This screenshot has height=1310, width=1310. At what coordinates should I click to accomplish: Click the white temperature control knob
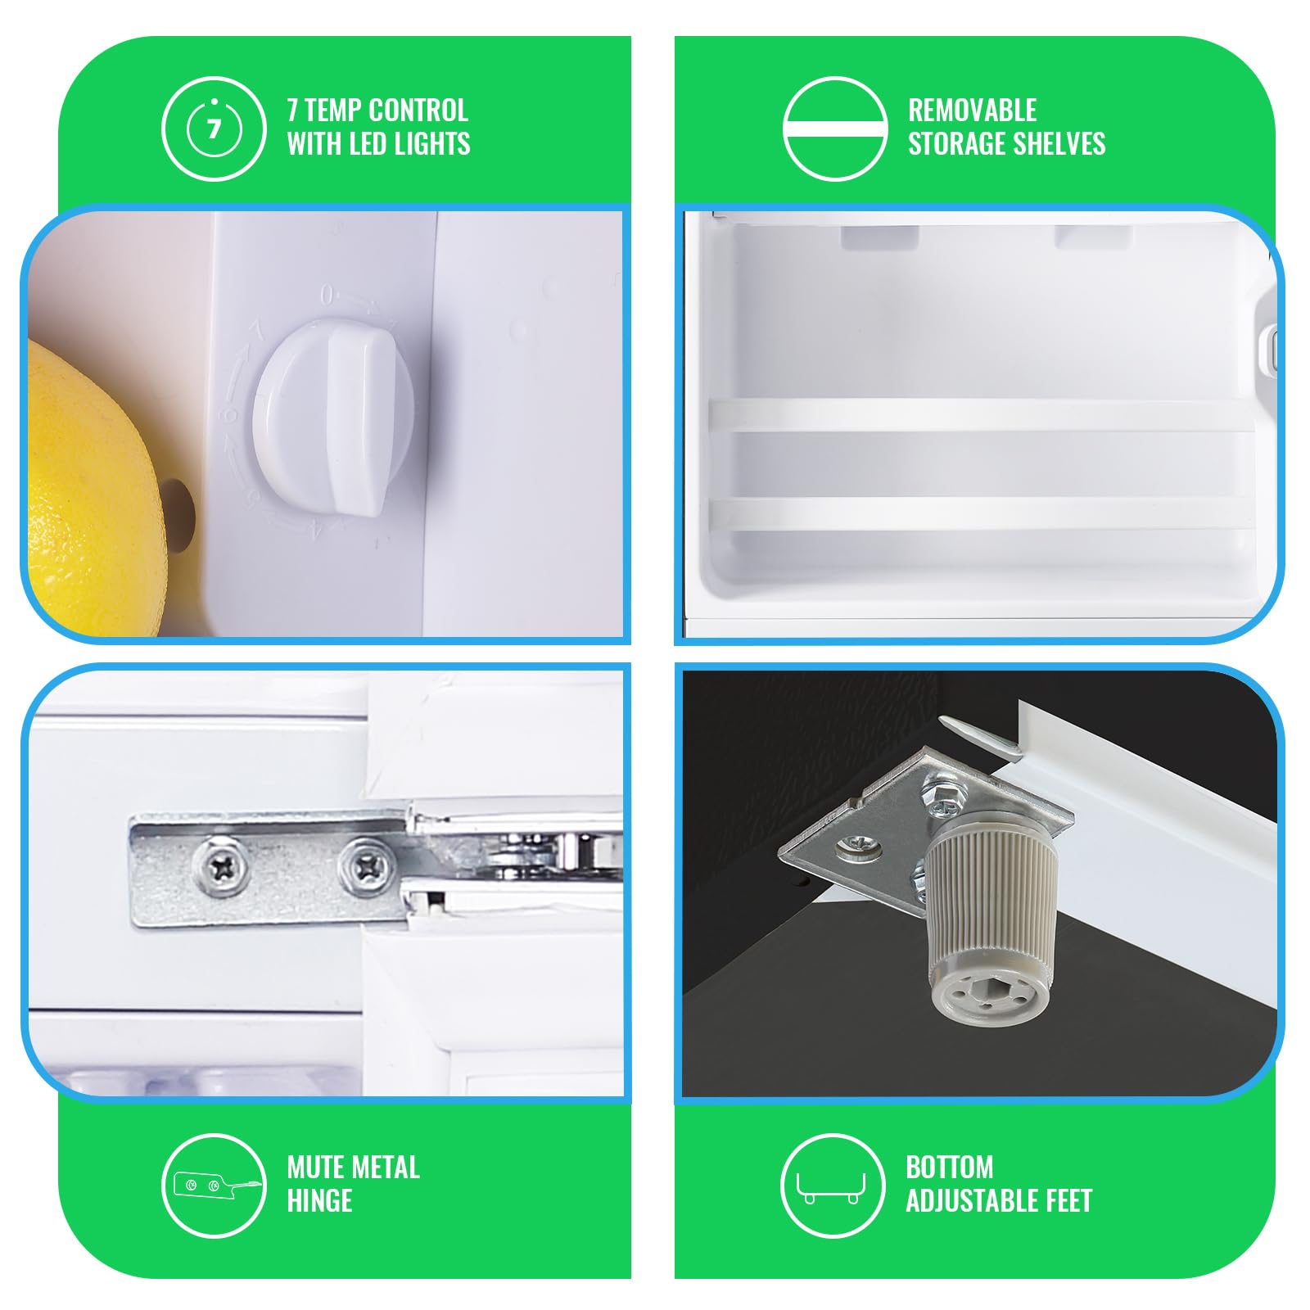(x=334, y=418)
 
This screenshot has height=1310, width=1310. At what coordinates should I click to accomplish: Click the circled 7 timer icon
(x=214, y=129)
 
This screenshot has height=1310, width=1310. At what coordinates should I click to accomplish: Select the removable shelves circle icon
(x=835, y=129)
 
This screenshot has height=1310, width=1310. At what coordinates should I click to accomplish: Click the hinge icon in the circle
(x=214, y=1186)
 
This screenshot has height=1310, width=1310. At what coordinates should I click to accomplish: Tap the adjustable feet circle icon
(x=833, y=1186)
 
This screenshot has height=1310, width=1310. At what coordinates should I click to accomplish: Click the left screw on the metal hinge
(x=221, y=865)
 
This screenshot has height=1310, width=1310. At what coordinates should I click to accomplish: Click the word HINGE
(x=319, y=1200)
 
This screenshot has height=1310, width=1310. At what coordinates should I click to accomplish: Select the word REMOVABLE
(x=972, y=110)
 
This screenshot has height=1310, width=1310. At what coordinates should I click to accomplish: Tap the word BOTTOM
(x=949, y=1167)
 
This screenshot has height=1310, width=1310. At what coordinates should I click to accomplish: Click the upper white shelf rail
(x=982, y=415)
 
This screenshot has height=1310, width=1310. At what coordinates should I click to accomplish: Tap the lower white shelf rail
(x=982, y=513)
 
